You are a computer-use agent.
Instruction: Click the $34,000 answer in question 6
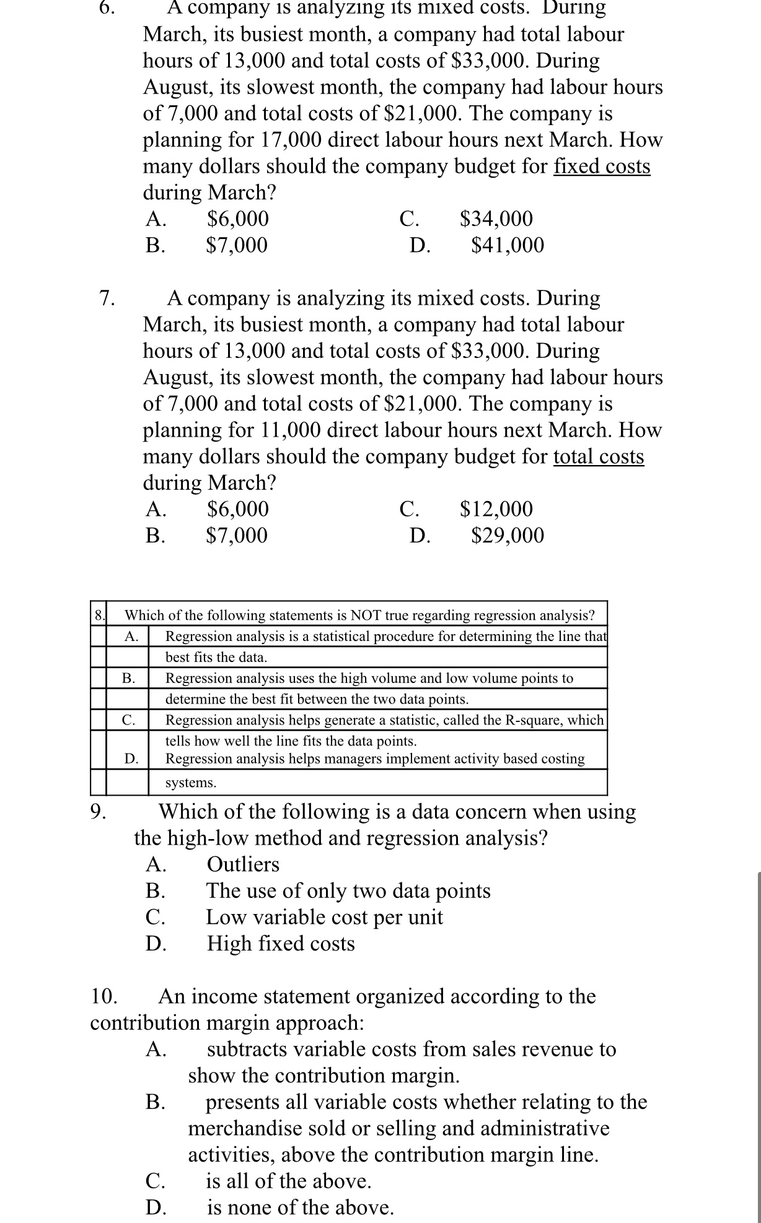496,219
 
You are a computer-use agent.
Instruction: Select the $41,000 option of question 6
508,246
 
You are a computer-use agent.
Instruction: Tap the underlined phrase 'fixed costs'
601,167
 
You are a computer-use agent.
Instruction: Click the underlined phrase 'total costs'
598,457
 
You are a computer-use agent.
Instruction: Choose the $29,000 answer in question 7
508,536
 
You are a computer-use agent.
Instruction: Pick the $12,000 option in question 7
496,509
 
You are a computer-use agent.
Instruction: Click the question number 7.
107,298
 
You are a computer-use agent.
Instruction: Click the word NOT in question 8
366,616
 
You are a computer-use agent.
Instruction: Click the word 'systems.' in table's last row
191,783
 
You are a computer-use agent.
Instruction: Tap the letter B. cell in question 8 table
128,679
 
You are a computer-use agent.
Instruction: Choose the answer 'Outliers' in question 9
243,864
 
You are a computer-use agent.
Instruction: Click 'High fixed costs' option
281,944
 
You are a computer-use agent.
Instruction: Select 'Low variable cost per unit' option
324,917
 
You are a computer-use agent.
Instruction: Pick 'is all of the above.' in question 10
288,1182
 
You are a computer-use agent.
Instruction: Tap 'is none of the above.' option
300,1208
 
